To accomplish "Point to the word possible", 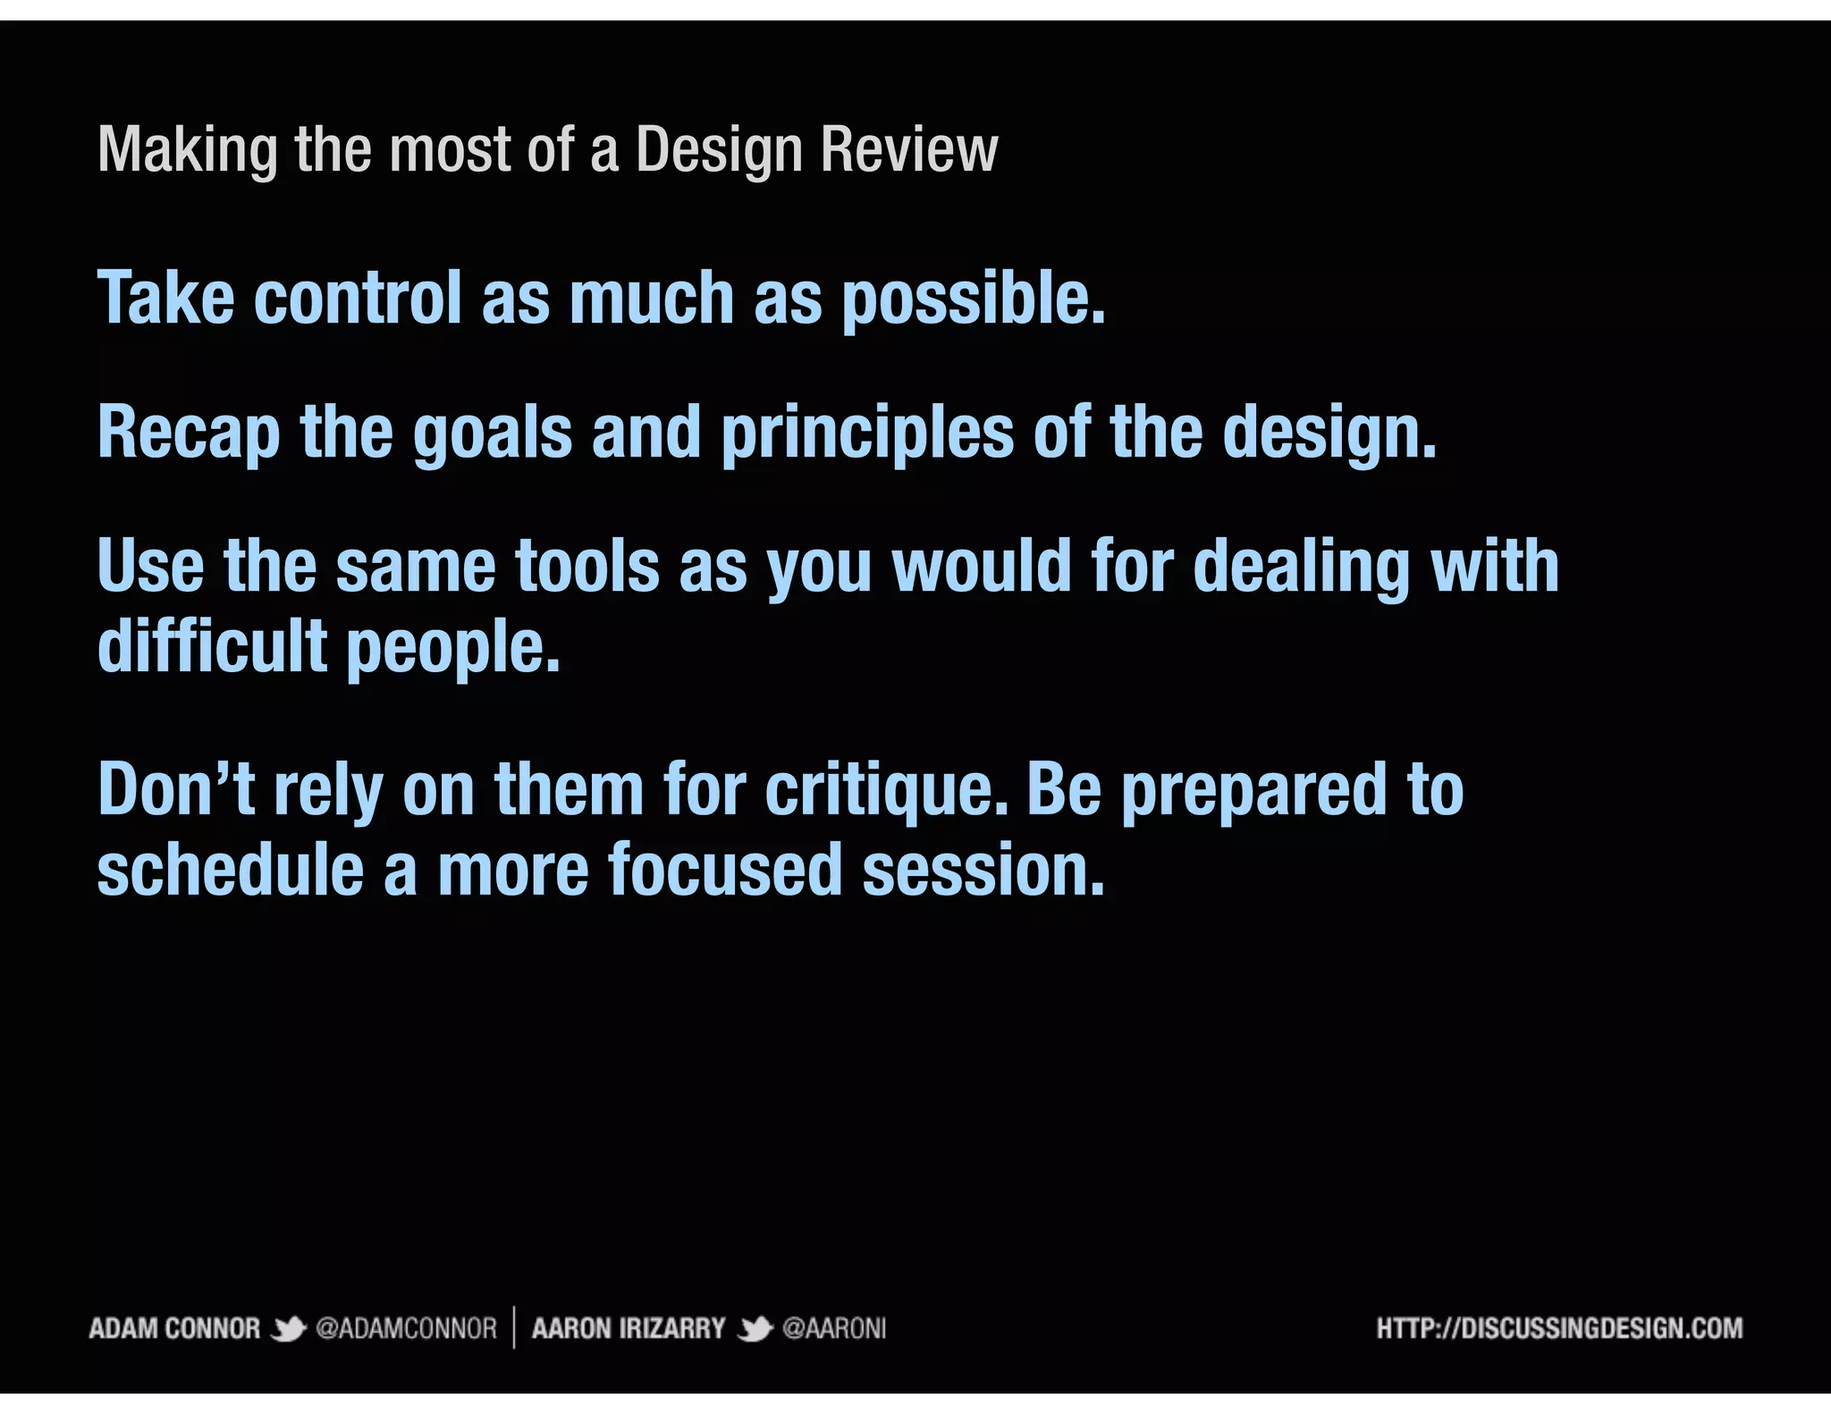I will coord(974,299).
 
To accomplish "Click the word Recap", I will coord(188,433).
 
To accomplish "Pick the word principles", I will coord(867,433).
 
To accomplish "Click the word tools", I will coord(586,567).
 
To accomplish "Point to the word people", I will coord(452,647).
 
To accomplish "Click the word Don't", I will coord(176,789).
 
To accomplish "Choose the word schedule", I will coord(230,870).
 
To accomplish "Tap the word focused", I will coord(725,870).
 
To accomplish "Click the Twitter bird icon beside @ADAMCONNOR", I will coord(288,1329).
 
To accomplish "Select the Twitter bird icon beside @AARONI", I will coord(755,1329).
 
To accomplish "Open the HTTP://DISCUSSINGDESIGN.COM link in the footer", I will coord(1559,1328).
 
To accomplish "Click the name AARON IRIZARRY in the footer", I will coord(629,1329).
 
